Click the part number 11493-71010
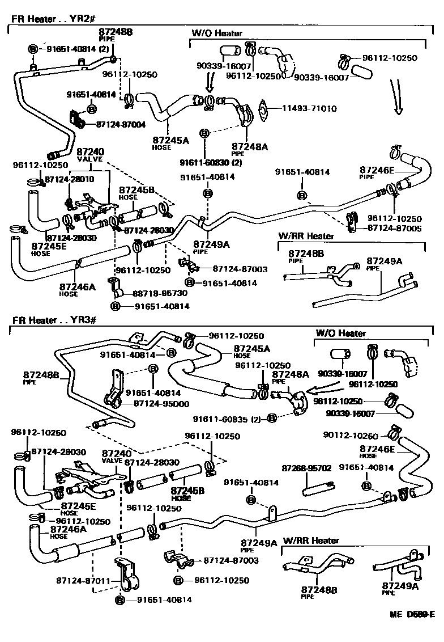coord(305,109)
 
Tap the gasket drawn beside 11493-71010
coord(264,109)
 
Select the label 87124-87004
coord(121,124)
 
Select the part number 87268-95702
coord(306,468)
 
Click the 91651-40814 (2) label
coord(77,49)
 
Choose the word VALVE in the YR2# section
coord(89,159)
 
